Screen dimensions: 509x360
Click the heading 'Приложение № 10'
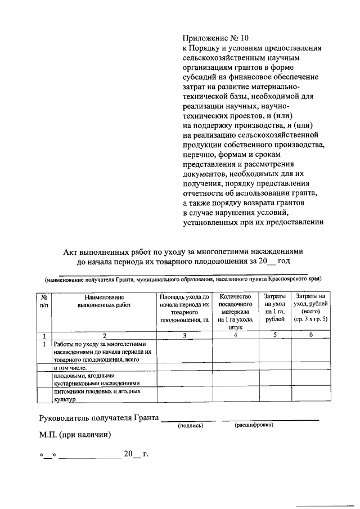[215, 38]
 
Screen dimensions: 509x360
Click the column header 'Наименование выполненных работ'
[104, 300]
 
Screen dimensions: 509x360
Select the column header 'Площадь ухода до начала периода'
[184, 308]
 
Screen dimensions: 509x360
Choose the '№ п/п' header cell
[44, 300]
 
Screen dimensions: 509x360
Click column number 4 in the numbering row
[235, 336]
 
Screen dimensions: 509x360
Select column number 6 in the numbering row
[310, 336]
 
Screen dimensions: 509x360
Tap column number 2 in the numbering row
[104, 336]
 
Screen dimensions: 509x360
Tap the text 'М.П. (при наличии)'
[75, 435]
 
